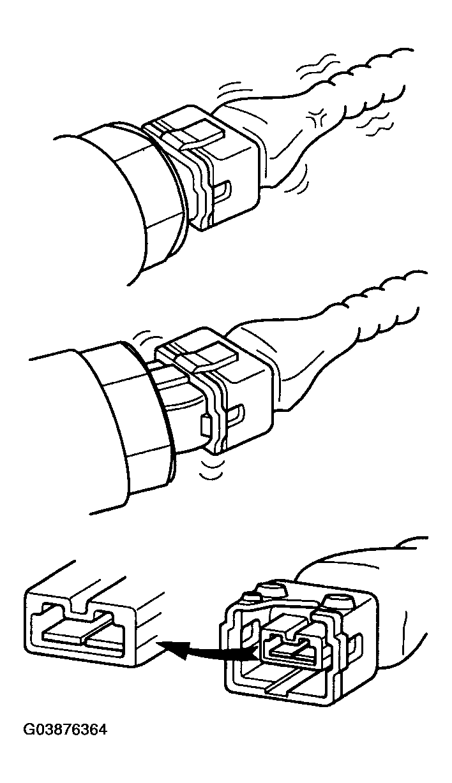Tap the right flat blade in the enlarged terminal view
point(103,639)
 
